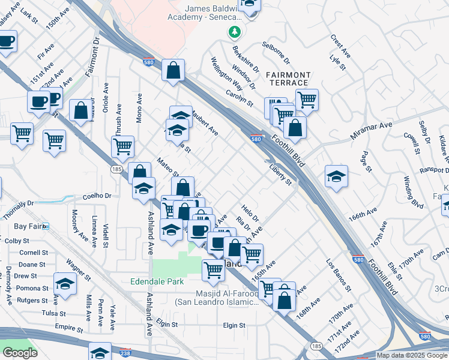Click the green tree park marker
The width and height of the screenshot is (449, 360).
(234, 31)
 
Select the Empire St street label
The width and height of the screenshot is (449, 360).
(68, 328)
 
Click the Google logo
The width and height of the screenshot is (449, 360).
(19, 353)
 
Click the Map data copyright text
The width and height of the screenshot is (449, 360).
(412, 355)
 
